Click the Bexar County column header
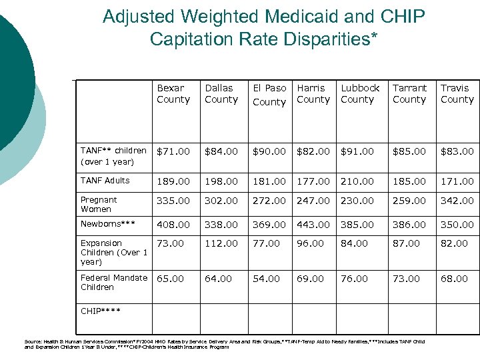click(173, 93)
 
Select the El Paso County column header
click(269, 94)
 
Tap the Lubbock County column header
click(359, 93)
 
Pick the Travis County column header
click(457, 93)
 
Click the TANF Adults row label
click(105, 181)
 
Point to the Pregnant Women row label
click(99, 205)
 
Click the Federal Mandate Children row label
click(114, 282)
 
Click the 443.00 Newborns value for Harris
click(313, 225)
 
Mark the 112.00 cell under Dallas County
click(221, 243)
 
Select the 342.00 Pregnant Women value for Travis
click(457, 201)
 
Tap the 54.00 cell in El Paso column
click(265, 279)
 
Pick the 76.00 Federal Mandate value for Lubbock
click(354, 279)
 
